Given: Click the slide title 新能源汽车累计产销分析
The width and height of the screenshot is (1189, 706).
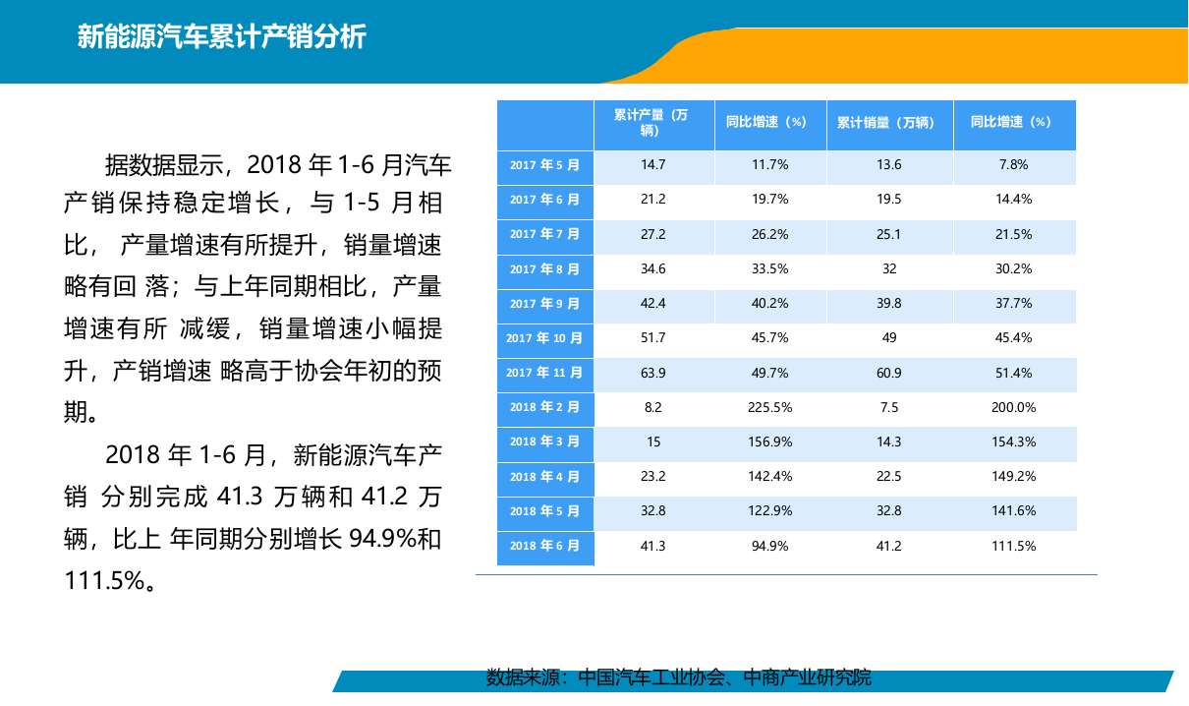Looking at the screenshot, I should pos(221,37).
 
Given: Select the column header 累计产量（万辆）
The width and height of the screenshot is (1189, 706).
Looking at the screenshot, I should pos(652,123).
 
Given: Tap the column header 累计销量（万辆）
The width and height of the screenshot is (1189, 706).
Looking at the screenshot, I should pos(889,123).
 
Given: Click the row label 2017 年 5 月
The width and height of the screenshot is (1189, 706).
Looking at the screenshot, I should pos(544,165).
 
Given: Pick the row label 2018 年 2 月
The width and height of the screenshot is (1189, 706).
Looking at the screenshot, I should pos(544,407).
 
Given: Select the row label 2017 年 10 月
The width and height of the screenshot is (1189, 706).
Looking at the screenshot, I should pos(544,338).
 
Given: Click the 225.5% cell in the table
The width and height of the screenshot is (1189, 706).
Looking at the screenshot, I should pos(770,407).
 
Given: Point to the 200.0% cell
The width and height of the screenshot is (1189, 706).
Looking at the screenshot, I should pos(1014,407).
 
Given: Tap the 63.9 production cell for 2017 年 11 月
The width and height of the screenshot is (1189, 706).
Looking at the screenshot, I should pos(653,373).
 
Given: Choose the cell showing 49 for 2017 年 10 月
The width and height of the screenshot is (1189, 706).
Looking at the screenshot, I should pos(889,338).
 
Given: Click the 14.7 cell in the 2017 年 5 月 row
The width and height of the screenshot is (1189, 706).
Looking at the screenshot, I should pos(653,165).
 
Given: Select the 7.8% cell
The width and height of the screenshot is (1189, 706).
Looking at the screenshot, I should pos(1014,165).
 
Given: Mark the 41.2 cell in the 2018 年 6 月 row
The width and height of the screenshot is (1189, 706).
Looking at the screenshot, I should pos(889,546).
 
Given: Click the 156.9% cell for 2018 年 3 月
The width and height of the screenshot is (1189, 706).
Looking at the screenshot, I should pos(770,441).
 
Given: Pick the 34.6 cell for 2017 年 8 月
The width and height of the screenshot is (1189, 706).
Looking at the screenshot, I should pos(653,268).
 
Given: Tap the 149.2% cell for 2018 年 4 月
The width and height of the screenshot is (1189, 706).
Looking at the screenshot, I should pos(1014,477).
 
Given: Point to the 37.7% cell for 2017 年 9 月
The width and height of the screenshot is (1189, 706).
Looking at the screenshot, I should pos(1014,304).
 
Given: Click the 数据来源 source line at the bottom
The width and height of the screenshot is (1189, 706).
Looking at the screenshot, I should pos(679,677).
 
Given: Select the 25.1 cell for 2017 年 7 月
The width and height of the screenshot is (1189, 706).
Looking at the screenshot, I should pos(889,234).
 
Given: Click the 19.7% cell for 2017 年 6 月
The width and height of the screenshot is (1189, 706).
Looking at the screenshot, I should pos(770,200).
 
